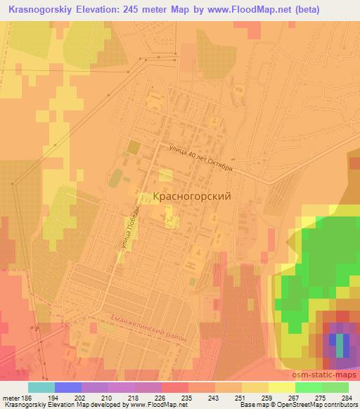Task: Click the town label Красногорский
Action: click(192, 197)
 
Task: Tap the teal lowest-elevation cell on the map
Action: click(341, 344)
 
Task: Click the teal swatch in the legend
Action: click(41, 387)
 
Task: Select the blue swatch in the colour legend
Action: click(67, 387)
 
